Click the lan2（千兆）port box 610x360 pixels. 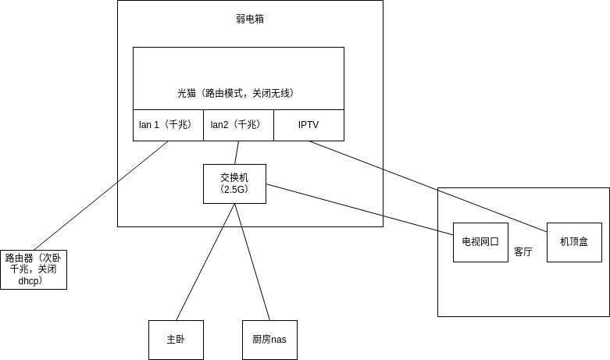(238, 125)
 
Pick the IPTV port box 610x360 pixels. (309, 125)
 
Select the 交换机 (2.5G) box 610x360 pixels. (234, 184)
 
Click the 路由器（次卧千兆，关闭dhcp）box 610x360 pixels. (33, 269)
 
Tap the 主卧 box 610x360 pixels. (176, 340)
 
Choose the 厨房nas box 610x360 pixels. (269, 340)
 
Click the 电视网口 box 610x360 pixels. (480, 242)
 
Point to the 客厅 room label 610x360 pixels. (523, 252)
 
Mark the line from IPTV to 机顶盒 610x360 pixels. (430, 183)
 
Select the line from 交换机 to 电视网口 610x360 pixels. (359, 209)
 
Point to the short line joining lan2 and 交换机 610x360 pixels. (237, 152)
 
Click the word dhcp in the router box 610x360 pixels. (29, 280)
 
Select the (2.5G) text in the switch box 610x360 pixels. (234, 189)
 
